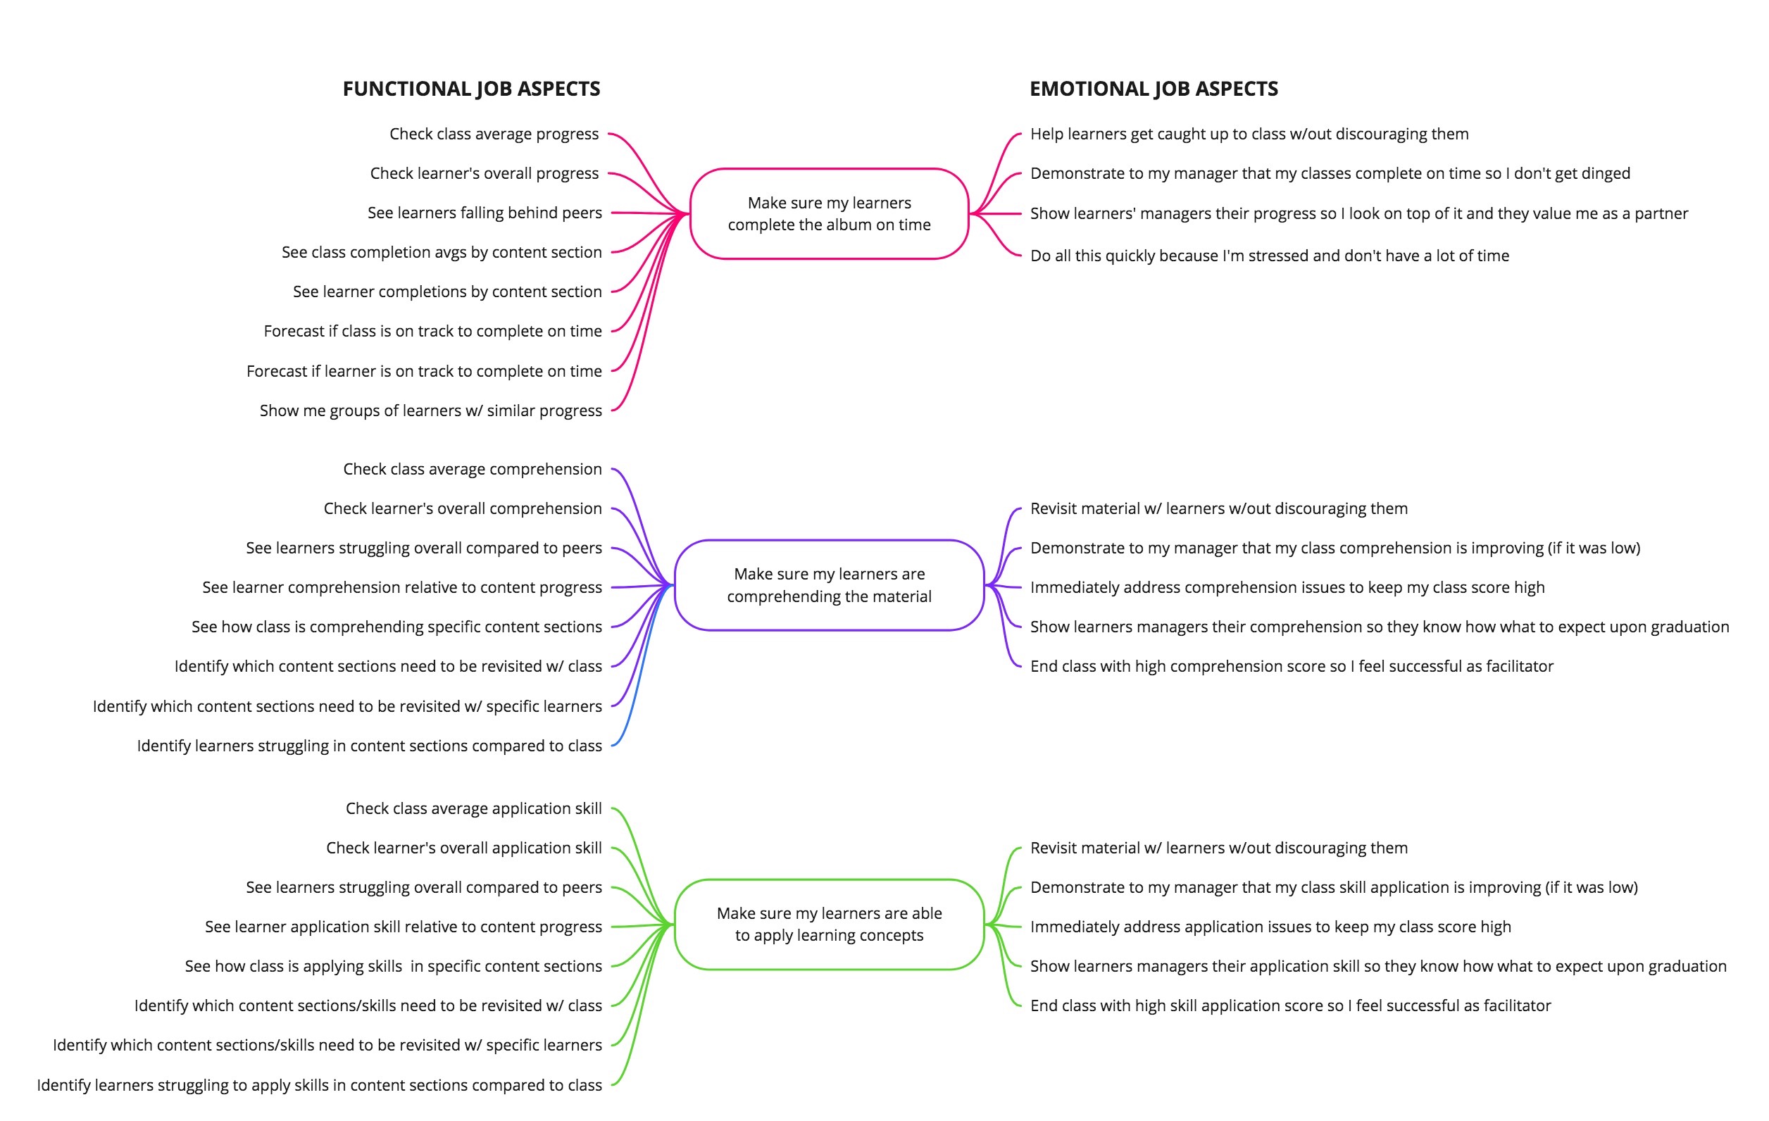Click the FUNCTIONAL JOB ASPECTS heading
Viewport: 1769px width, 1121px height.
[x=471, y=89]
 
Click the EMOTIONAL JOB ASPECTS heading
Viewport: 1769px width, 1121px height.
[x=1154, y=89]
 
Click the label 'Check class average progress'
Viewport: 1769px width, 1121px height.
[x=494, y=134]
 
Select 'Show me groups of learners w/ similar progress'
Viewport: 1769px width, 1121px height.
[x=430, y=411]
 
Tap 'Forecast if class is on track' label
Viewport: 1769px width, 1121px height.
[x=432, y=332]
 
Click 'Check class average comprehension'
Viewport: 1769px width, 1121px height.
[x=473, y=470]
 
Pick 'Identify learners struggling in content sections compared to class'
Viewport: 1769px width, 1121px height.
[x=369, y=746]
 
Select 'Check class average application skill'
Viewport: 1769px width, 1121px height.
[x=474, y=809]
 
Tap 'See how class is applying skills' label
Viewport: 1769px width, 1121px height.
[x=393, y=967]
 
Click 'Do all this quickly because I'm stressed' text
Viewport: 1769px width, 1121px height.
[x=1270, y=256]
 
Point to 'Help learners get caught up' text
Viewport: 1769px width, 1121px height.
[x=1249, y=134]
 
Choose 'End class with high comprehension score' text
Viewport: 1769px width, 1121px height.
[x=1292, y=666]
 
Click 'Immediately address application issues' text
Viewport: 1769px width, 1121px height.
[x=1270, y=927]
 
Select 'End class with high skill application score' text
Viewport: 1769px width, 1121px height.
[x=1290, y=1006]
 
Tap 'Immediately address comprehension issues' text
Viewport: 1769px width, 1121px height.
[x=1287, y=588]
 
